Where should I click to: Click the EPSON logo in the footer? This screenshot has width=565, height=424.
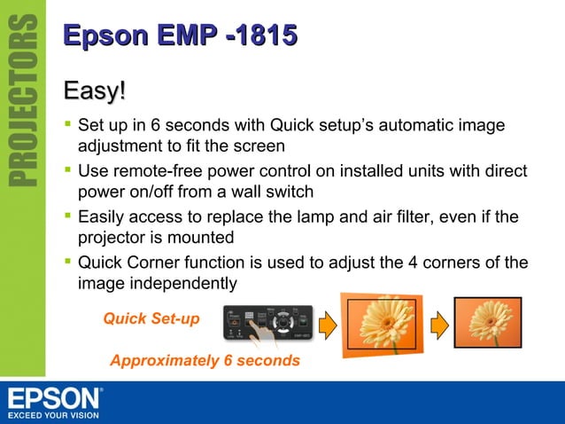pos(55,397)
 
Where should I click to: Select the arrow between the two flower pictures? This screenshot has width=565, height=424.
pos(437,325)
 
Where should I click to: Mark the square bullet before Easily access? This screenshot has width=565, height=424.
pos(67,216)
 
